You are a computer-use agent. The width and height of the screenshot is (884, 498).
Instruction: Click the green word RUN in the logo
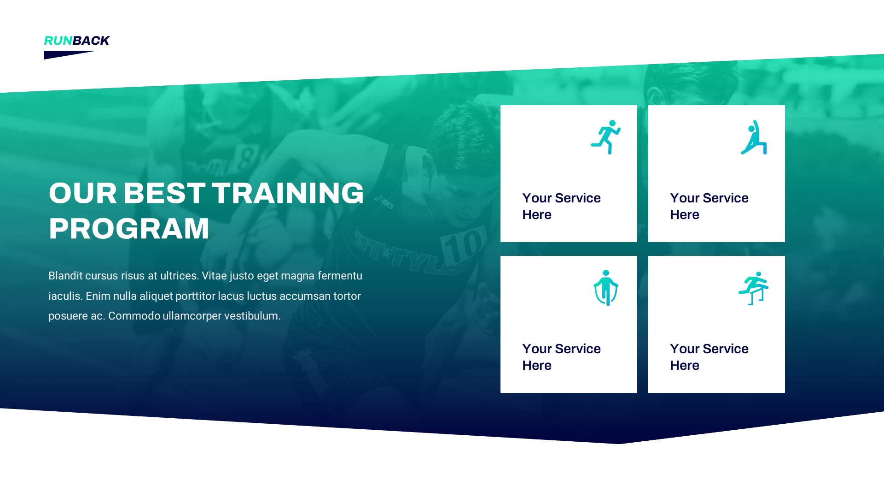point(58,41)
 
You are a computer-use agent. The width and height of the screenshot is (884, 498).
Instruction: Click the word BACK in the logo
point(91,41)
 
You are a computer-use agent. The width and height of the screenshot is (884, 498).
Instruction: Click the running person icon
point(605,137)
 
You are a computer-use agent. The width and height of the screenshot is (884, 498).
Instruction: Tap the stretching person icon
point(754,138)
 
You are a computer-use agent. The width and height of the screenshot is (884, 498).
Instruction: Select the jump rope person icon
point(605,288)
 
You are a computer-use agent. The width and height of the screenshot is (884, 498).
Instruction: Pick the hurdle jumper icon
point(754,288)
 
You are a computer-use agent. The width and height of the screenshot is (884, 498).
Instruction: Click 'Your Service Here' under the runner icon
point(561,206)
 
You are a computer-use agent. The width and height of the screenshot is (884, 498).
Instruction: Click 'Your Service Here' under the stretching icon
point(709,206)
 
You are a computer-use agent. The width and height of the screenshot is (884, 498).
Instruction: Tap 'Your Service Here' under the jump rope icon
point(561,357)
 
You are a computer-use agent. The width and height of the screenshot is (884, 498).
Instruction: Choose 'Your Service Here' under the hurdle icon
point(709,357)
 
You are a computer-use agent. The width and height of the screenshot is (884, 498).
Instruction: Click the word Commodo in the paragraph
point(134,316)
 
